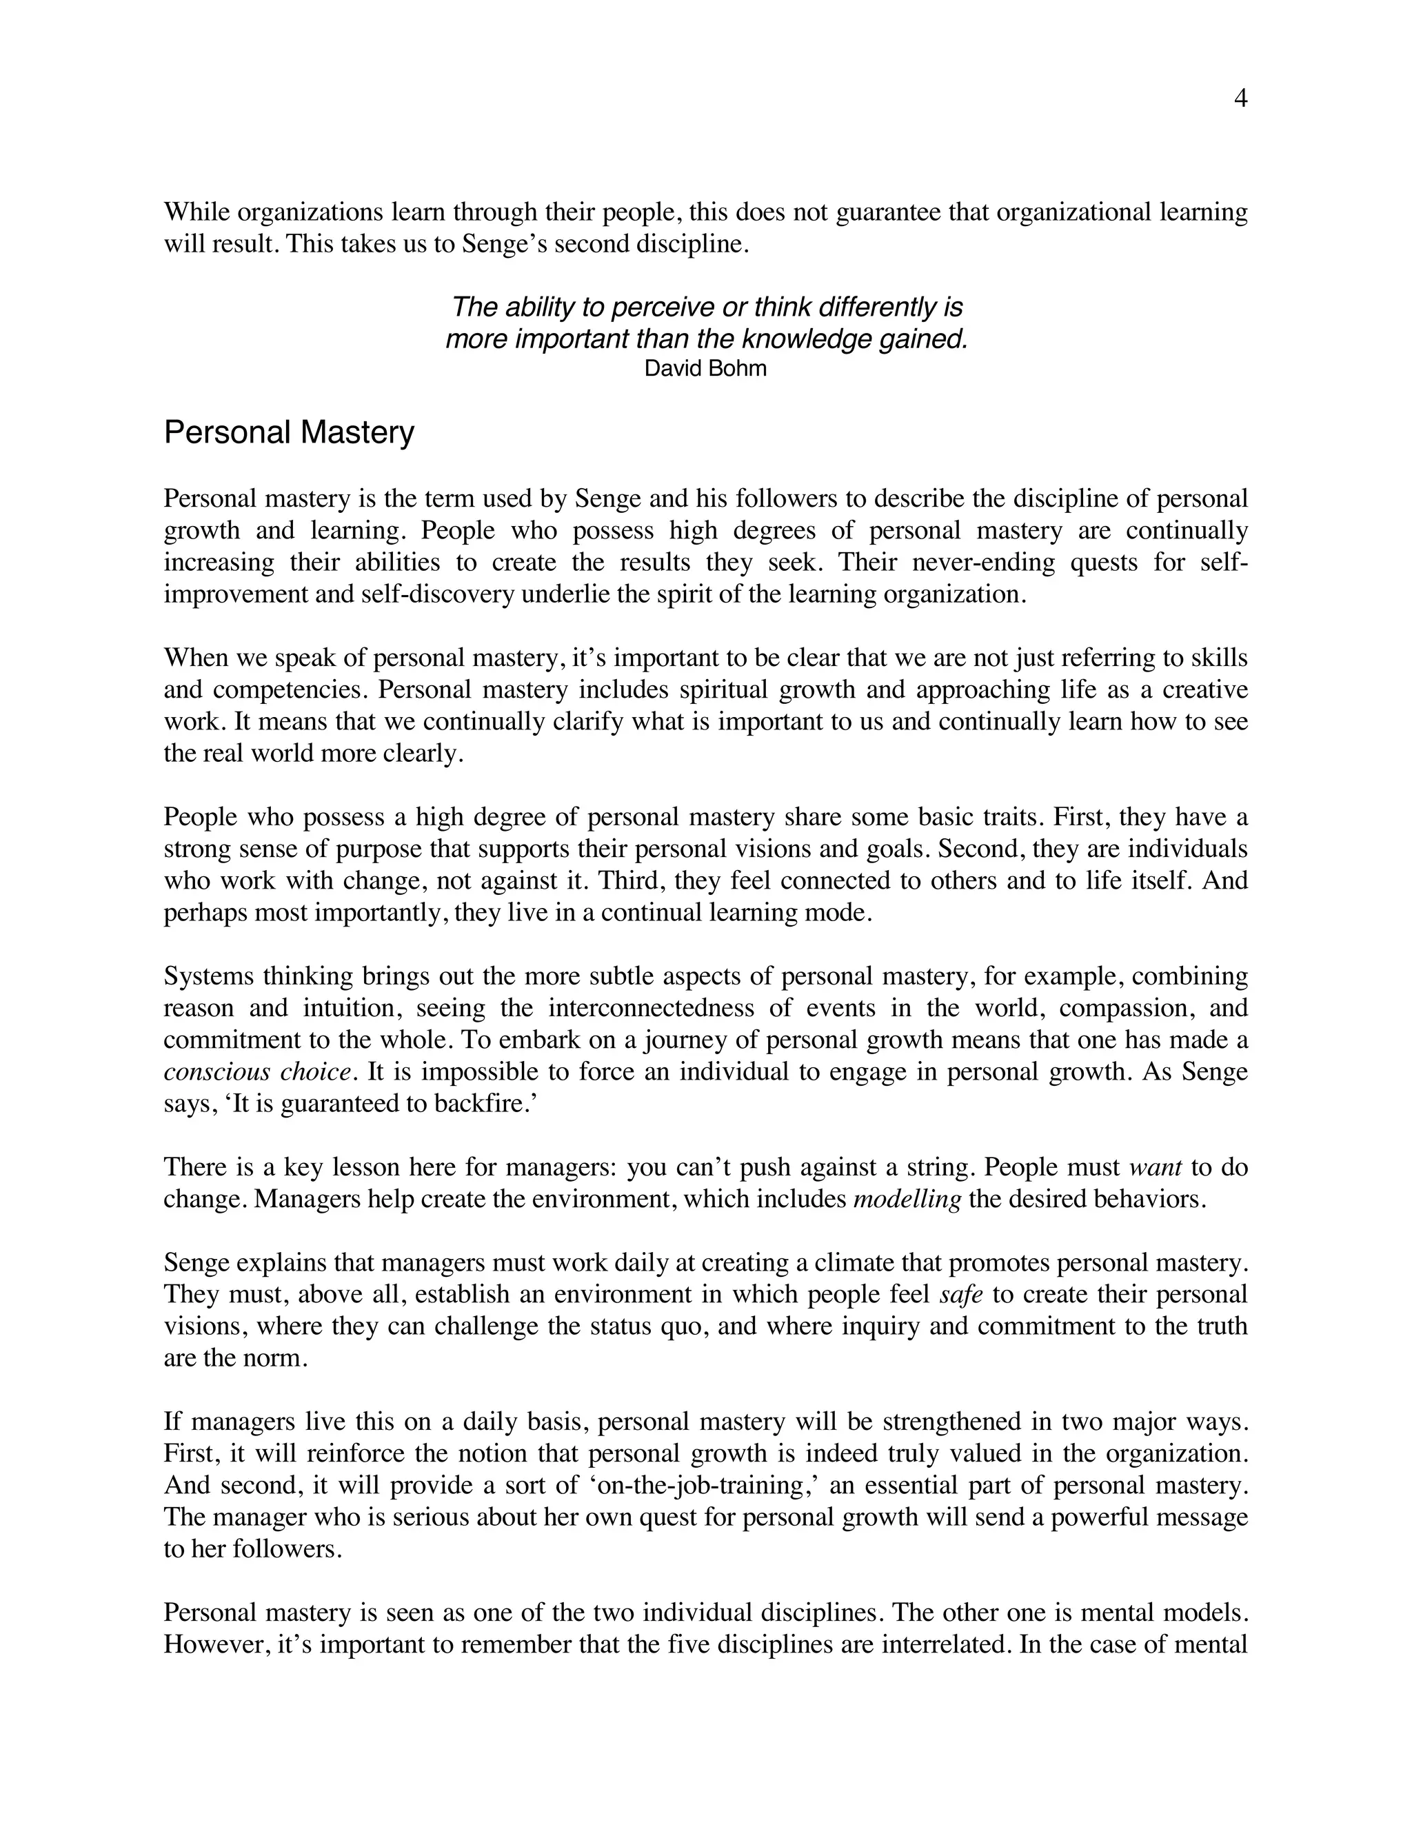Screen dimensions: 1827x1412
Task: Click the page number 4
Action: click(x=1240, y=99)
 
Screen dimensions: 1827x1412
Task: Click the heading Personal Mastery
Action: click(x=289, y=432)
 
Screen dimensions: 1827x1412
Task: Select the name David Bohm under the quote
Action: click(x=705, y=368)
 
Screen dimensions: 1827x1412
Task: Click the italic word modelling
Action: click(x=907, y=1200)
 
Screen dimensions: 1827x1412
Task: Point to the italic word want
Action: click(x=1156, y=1168)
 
